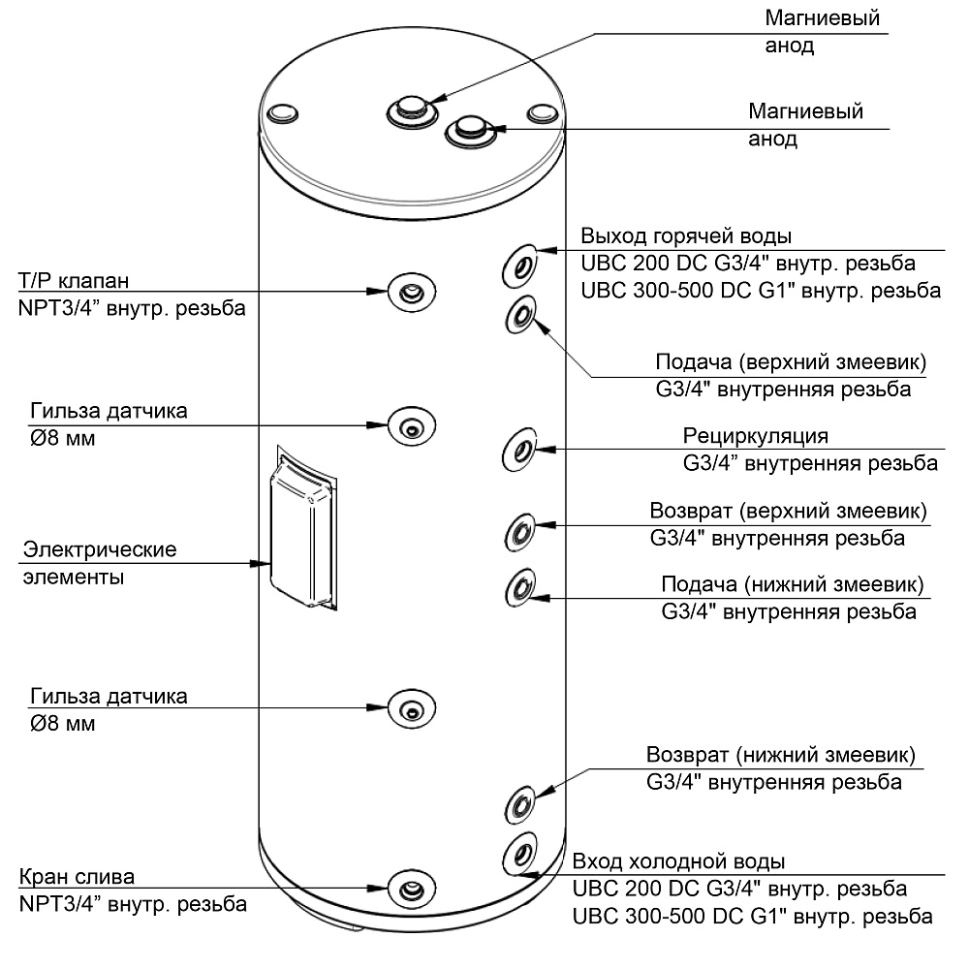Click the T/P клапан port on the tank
pyautogui.click(x=412, y=292)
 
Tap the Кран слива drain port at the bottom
pyautogui.click(x=412, y=889)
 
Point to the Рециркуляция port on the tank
pyautogui.click(x=519, y=450)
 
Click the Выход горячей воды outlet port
pyautogui.click(x=519, y=266)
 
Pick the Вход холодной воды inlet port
pyautogui.click(x=519, y=855)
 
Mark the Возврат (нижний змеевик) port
pyautogui.click(x=520, y=804)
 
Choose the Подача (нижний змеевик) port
pyautogui.click(x=520, y=587)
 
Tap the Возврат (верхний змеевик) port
pyautogui.click(x=520, y=532)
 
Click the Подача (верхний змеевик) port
pyautogui.click(x=520, y=315)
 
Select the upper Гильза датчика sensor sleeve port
pyautogui.click(x=412, y=425)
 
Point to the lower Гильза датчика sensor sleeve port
pyautogui.click(x=412, y=708)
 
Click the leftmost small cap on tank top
pyautogui.click(x=283, y=113)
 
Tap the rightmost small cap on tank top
pyautogui.click(x=544, y=113)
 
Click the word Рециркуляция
pyautogui.click(x=755, y=436)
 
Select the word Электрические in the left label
pyautogui.click(x=100, y=549)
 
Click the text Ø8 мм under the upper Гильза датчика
pyautogui.click(x=62, y=439)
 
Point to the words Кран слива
pyautogui.click(x=77, y=877)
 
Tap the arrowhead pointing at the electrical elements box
pyautogui.click(x=260, y=564)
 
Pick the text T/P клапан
pyautogui.click(x=74, y=281)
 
